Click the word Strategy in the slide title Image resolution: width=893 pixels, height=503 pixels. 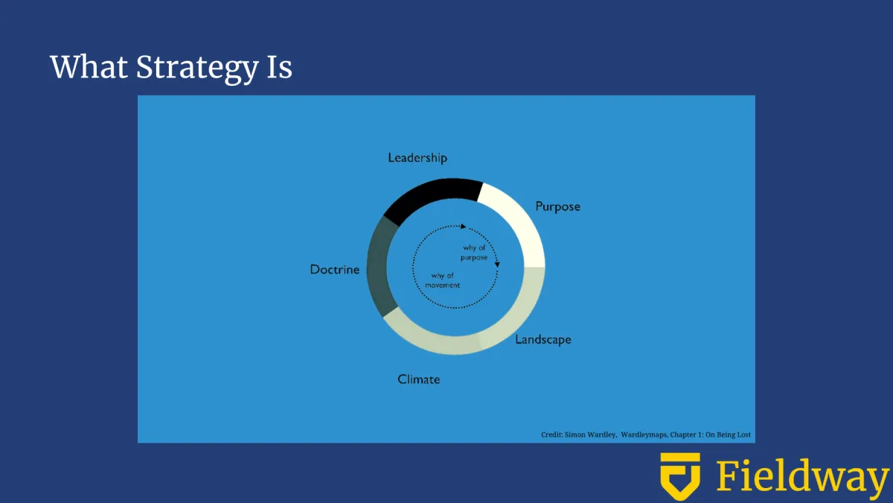tap(197, 68)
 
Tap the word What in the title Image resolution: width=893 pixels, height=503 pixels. tap(89, 66)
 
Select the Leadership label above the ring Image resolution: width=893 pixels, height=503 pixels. tap(417, 158)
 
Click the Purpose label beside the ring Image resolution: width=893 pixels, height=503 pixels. tap(557, 207)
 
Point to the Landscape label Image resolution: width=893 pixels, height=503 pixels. tap(543, 340)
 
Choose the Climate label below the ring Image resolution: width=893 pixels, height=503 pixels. tap(418, 379)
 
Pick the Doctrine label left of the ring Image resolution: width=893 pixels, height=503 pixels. tap(335, 270)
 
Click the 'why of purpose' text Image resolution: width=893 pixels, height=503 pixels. tap(474, 253)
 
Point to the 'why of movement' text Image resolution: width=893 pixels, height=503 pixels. tap(443, 280)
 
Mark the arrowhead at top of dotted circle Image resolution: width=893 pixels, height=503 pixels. tap(463, 227)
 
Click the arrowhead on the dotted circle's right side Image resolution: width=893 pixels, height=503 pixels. tap(497, 265)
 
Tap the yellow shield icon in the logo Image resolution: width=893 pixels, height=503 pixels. tap(680, 475)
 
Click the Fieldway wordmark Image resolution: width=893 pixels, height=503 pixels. tap(803, 476)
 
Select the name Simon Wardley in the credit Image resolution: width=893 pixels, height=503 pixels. tap(590, 434)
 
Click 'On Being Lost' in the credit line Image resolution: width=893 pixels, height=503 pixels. tap(728, 434)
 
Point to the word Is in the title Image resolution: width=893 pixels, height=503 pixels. tap(280, 66)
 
